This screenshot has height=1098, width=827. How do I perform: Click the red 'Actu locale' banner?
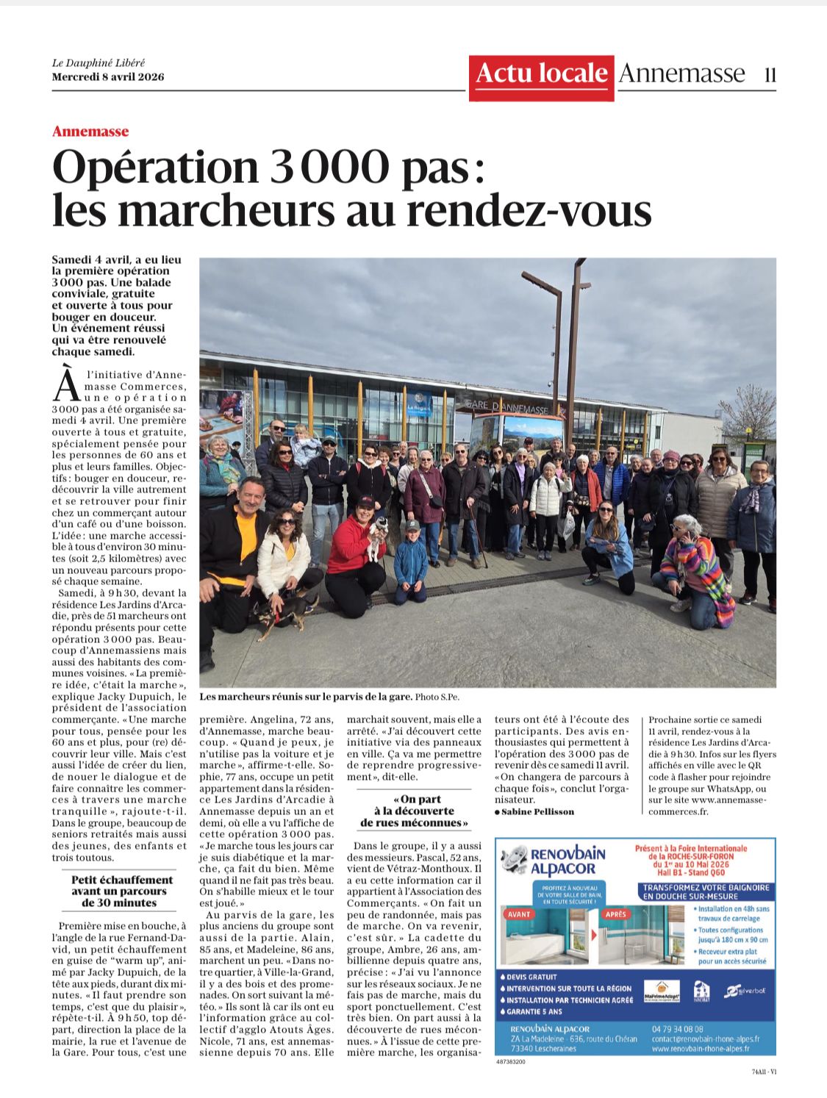point(541,74)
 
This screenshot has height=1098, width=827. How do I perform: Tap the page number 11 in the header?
point(770,74)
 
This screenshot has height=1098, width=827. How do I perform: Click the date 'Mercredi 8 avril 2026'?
point(108,76)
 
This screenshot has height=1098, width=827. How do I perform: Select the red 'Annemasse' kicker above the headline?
point(90,132)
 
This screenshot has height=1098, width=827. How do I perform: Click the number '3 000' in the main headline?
point(328,167)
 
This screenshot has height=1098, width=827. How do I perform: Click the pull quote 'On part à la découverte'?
point(414,811)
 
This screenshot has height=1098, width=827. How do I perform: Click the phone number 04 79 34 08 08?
point(677,1029)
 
